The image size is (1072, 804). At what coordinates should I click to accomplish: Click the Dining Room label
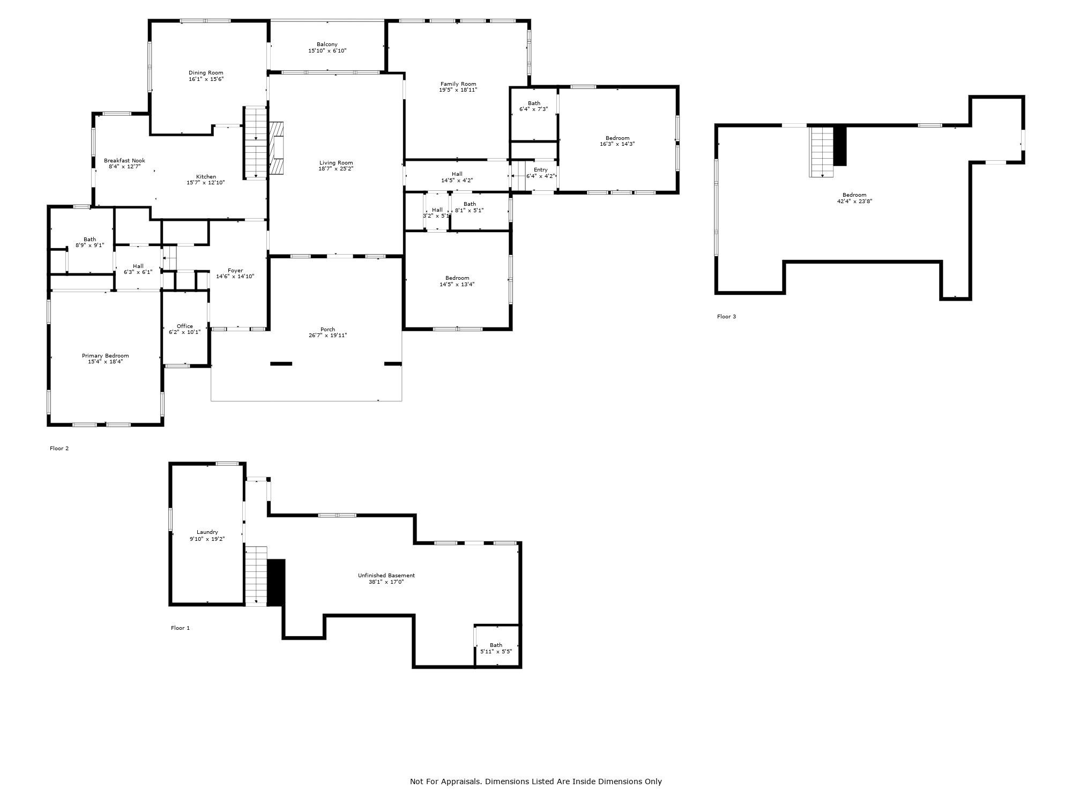coord(206,73)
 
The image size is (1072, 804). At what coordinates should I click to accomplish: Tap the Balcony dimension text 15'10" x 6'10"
coord(327,51)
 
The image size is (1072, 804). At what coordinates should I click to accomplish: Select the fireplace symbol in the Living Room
coord(276,147)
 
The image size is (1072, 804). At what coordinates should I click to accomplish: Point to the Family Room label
coord(458,84)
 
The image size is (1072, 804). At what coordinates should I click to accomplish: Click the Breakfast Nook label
coord(124,161)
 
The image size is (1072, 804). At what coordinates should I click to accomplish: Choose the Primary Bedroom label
coord(105,356)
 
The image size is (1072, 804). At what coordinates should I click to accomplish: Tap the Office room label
coord(184,326)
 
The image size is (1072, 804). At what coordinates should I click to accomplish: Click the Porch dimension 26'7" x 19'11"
coord(327,336)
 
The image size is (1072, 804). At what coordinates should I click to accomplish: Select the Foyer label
coord(235,271)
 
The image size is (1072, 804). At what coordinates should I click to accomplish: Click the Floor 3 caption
coord(726,317)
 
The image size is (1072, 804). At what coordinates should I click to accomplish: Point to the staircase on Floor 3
coord(822,151)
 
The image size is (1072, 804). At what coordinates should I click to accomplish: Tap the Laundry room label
coord(207,532)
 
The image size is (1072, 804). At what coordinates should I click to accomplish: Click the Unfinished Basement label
coord(386,576)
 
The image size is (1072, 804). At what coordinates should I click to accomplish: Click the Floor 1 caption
coord(180,628)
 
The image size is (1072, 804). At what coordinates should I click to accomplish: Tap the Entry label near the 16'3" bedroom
coord(540,170)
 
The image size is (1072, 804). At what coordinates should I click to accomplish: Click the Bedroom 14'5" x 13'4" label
coord(457,278)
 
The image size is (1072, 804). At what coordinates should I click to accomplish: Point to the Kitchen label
coord(206,177)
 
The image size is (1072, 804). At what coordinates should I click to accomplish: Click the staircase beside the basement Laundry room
coord(256,576)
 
